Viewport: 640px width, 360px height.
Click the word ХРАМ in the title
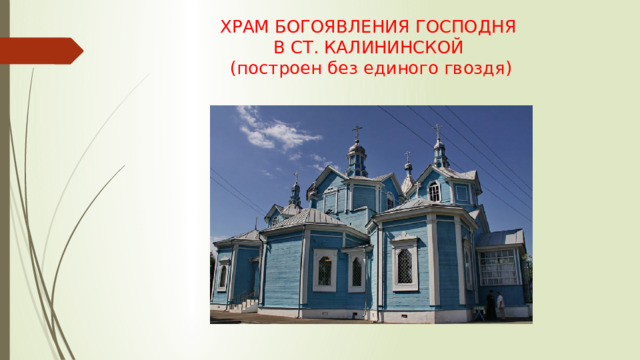pos(245,27)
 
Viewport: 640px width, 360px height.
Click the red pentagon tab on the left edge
pos(40,50)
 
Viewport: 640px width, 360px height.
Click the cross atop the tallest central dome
pos(357,133)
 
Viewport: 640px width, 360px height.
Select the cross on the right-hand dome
pos(437,130)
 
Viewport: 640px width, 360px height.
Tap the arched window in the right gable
pos(434,190)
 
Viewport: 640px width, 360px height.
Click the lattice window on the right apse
pos(404,265)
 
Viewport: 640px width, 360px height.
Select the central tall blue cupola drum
pos(357,162)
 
